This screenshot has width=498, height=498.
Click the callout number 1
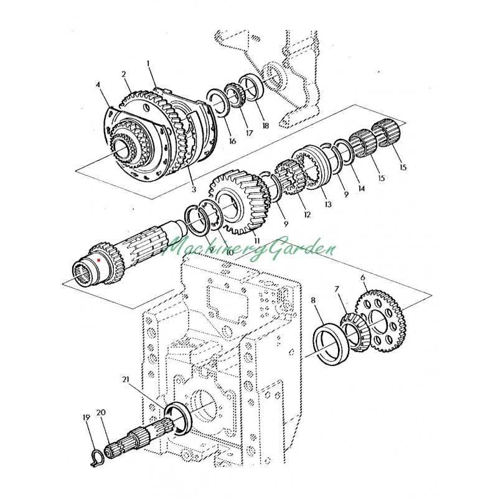[148, 63]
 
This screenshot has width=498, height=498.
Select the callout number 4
[98, 85]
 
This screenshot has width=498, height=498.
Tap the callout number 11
[256, 241]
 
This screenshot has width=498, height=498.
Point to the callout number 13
[328, 204]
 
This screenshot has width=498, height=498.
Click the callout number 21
[126, 379]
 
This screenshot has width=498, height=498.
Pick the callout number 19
[87, 417]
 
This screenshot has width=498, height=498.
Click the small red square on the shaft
[99, 260]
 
